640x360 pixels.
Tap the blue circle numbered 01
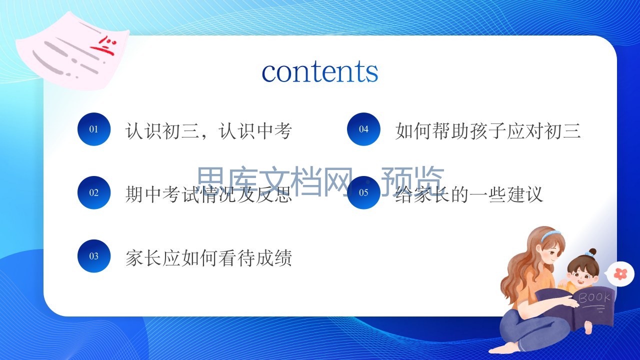pyautogui.click(x=93, y=129)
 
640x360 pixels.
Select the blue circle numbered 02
pyautogui.click(x=93, y=192)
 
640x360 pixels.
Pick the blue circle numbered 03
pyautogui.click(x=93, y=256)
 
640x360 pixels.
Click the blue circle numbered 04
pyautogui.click(x=363, y=129)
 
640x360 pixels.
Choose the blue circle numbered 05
pyautogui.click(x=363, y=192)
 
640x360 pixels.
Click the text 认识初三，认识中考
pyautogui.click(x=208, y=131)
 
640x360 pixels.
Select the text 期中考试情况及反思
pyautogui.click(x=208, y=194)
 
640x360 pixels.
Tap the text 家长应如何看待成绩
pyautogui.click(x=208, y=258)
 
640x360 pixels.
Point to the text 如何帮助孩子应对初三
pyautogui.click(x=488, y=131)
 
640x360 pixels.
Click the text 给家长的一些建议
pyautogui.click(x=469, y=194)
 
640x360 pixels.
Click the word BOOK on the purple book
pyautogui.click(x=594, y=297)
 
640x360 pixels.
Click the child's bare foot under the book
pyautogui.click(x=588, y=327)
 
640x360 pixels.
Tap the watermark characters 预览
pyautogui.click(x=412, y=180)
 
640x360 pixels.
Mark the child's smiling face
pyautogui.click(x=581, y=276)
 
